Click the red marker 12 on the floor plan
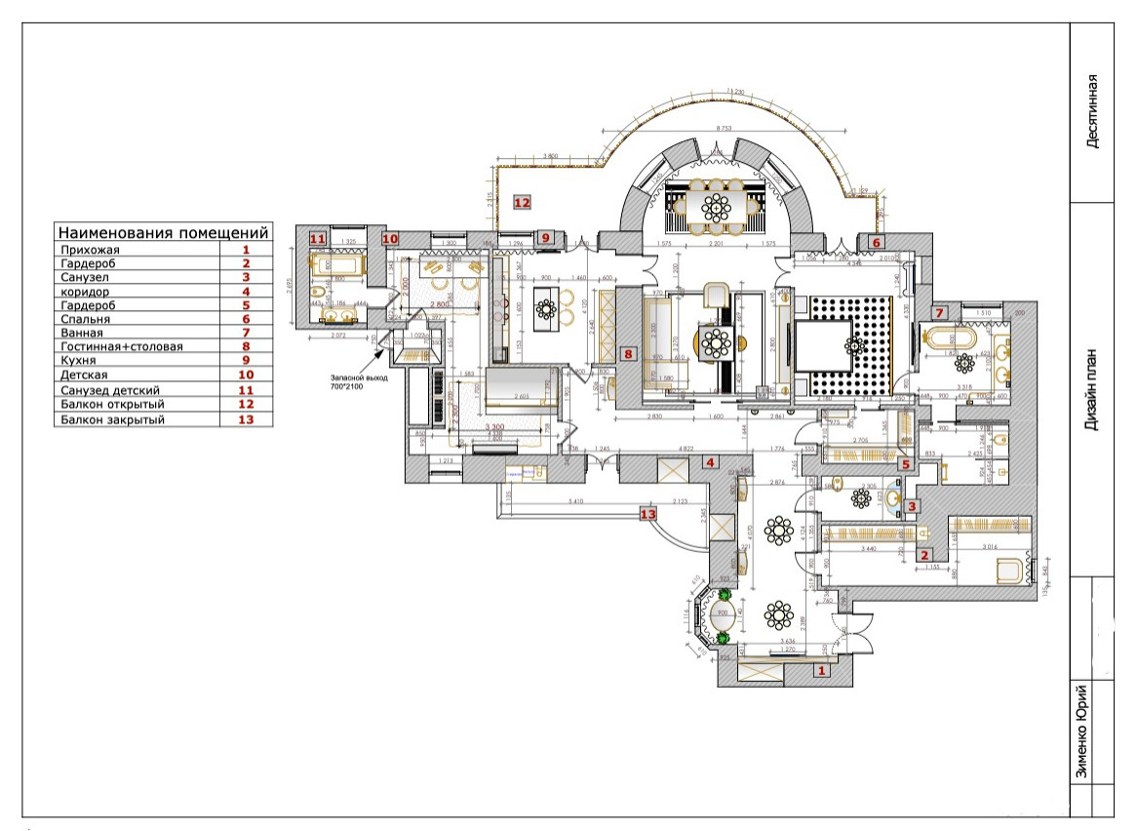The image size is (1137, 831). (x=521, y=202)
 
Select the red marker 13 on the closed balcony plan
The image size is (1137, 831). (x=647, y=512)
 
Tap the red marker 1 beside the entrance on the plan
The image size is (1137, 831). (x=820, y=670)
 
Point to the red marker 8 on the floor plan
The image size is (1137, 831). (x=630, y=355)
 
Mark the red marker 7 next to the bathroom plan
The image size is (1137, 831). (x=939, y=313)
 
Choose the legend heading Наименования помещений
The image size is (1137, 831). (x=163, y=233)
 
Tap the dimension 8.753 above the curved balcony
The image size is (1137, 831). (x=723, y=128)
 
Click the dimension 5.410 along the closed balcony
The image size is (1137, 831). (x=575, y=503)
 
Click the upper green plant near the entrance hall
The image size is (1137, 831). (x=725, y=593)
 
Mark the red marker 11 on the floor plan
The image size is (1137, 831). (x=317, y=238)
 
